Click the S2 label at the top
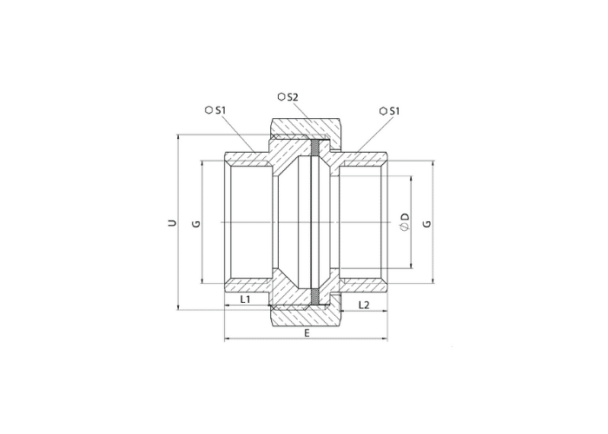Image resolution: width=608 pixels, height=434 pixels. pyautogui.click(x=293, y=97)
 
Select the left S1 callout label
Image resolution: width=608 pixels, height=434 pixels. pyautogui.click(x=221, y=110)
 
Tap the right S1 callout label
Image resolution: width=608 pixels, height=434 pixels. pyautogui.click(x=394, y=111)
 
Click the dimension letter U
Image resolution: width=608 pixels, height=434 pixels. pyautogui.click(x=172, y=223)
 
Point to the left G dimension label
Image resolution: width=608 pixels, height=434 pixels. pyautogui.click(x=197, y=224)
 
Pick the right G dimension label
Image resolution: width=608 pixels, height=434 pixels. pyautogui.click(x=427, y=224)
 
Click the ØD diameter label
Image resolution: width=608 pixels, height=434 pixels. pyautogui.click(x=405, y=221)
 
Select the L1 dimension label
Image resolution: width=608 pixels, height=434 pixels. pyautogui.click(x=245, y=299)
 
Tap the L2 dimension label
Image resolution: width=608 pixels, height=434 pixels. pyautogui.click(x=364, y=305)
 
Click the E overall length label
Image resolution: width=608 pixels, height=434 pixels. pyautogui.click(x=307, y=332)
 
